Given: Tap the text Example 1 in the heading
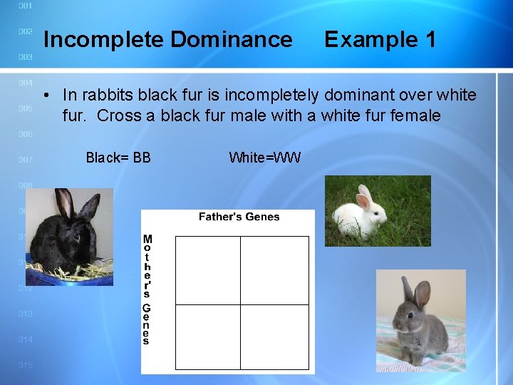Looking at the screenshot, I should click(x=380, y=40).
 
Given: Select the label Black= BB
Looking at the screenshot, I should click(x=118, y=158).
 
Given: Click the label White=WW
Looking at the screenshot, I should click(x=265, y=158).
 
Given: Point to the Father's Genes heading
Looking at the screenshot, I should click(x=239, y=217).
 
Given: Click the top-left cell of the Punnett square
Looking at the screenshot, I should click(x=207, y=270).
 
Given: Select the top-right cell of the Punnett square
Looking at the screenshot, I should click(x=274, y=270).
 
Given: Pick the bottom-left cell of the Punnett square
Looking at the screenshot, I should click(x=207, y=337).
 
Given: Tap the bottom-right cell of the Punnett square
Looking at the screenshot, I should click(x=274, y=337).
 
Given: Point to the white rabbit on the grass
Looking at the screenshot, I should click(x=363, y=214).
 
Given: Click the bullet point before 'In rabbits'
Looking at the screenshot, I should click(x=45, y=96).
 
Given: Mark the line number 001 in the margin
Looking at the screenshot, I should click(x=25, y=6).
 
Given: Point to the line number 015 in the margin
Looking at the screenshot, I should click(x=25, y=365).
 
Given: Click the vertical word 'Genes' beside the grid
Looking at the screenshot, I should click(x=146, y=325).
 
